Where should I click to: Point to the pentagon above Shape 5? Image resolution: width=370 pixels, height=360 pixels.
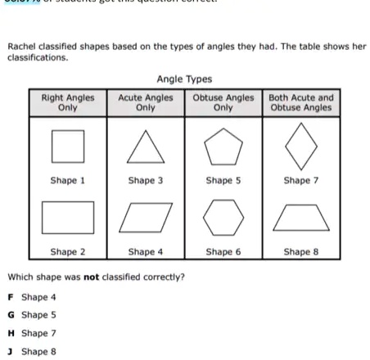click(x=223, y=147)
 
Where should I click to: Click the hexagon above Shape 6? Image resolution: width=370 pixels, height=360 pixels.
click(x=223, y=218)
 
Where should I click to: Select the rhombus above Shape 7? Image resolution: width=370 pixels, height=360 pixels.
click(x=300, y=147)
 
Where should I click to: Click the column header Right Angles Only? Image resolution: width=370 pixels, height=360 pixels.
click(x=68, y=102)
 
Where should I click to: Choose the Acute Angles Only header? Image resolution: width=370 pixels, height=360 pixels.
click(x=146, y=102)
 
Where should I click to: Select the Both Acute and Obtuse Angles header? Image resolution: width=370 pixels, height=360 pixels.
click(x=300, y=102)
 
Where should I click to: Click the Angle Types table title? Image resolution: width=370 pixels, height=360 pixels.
click(x=184, y=79)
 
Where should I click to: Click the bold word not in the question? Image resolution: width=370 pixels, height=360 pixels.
click(x=92, y=277)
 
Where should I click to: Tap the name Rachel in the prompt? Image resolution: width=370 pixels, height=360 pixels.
click(x=23, y=47)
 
